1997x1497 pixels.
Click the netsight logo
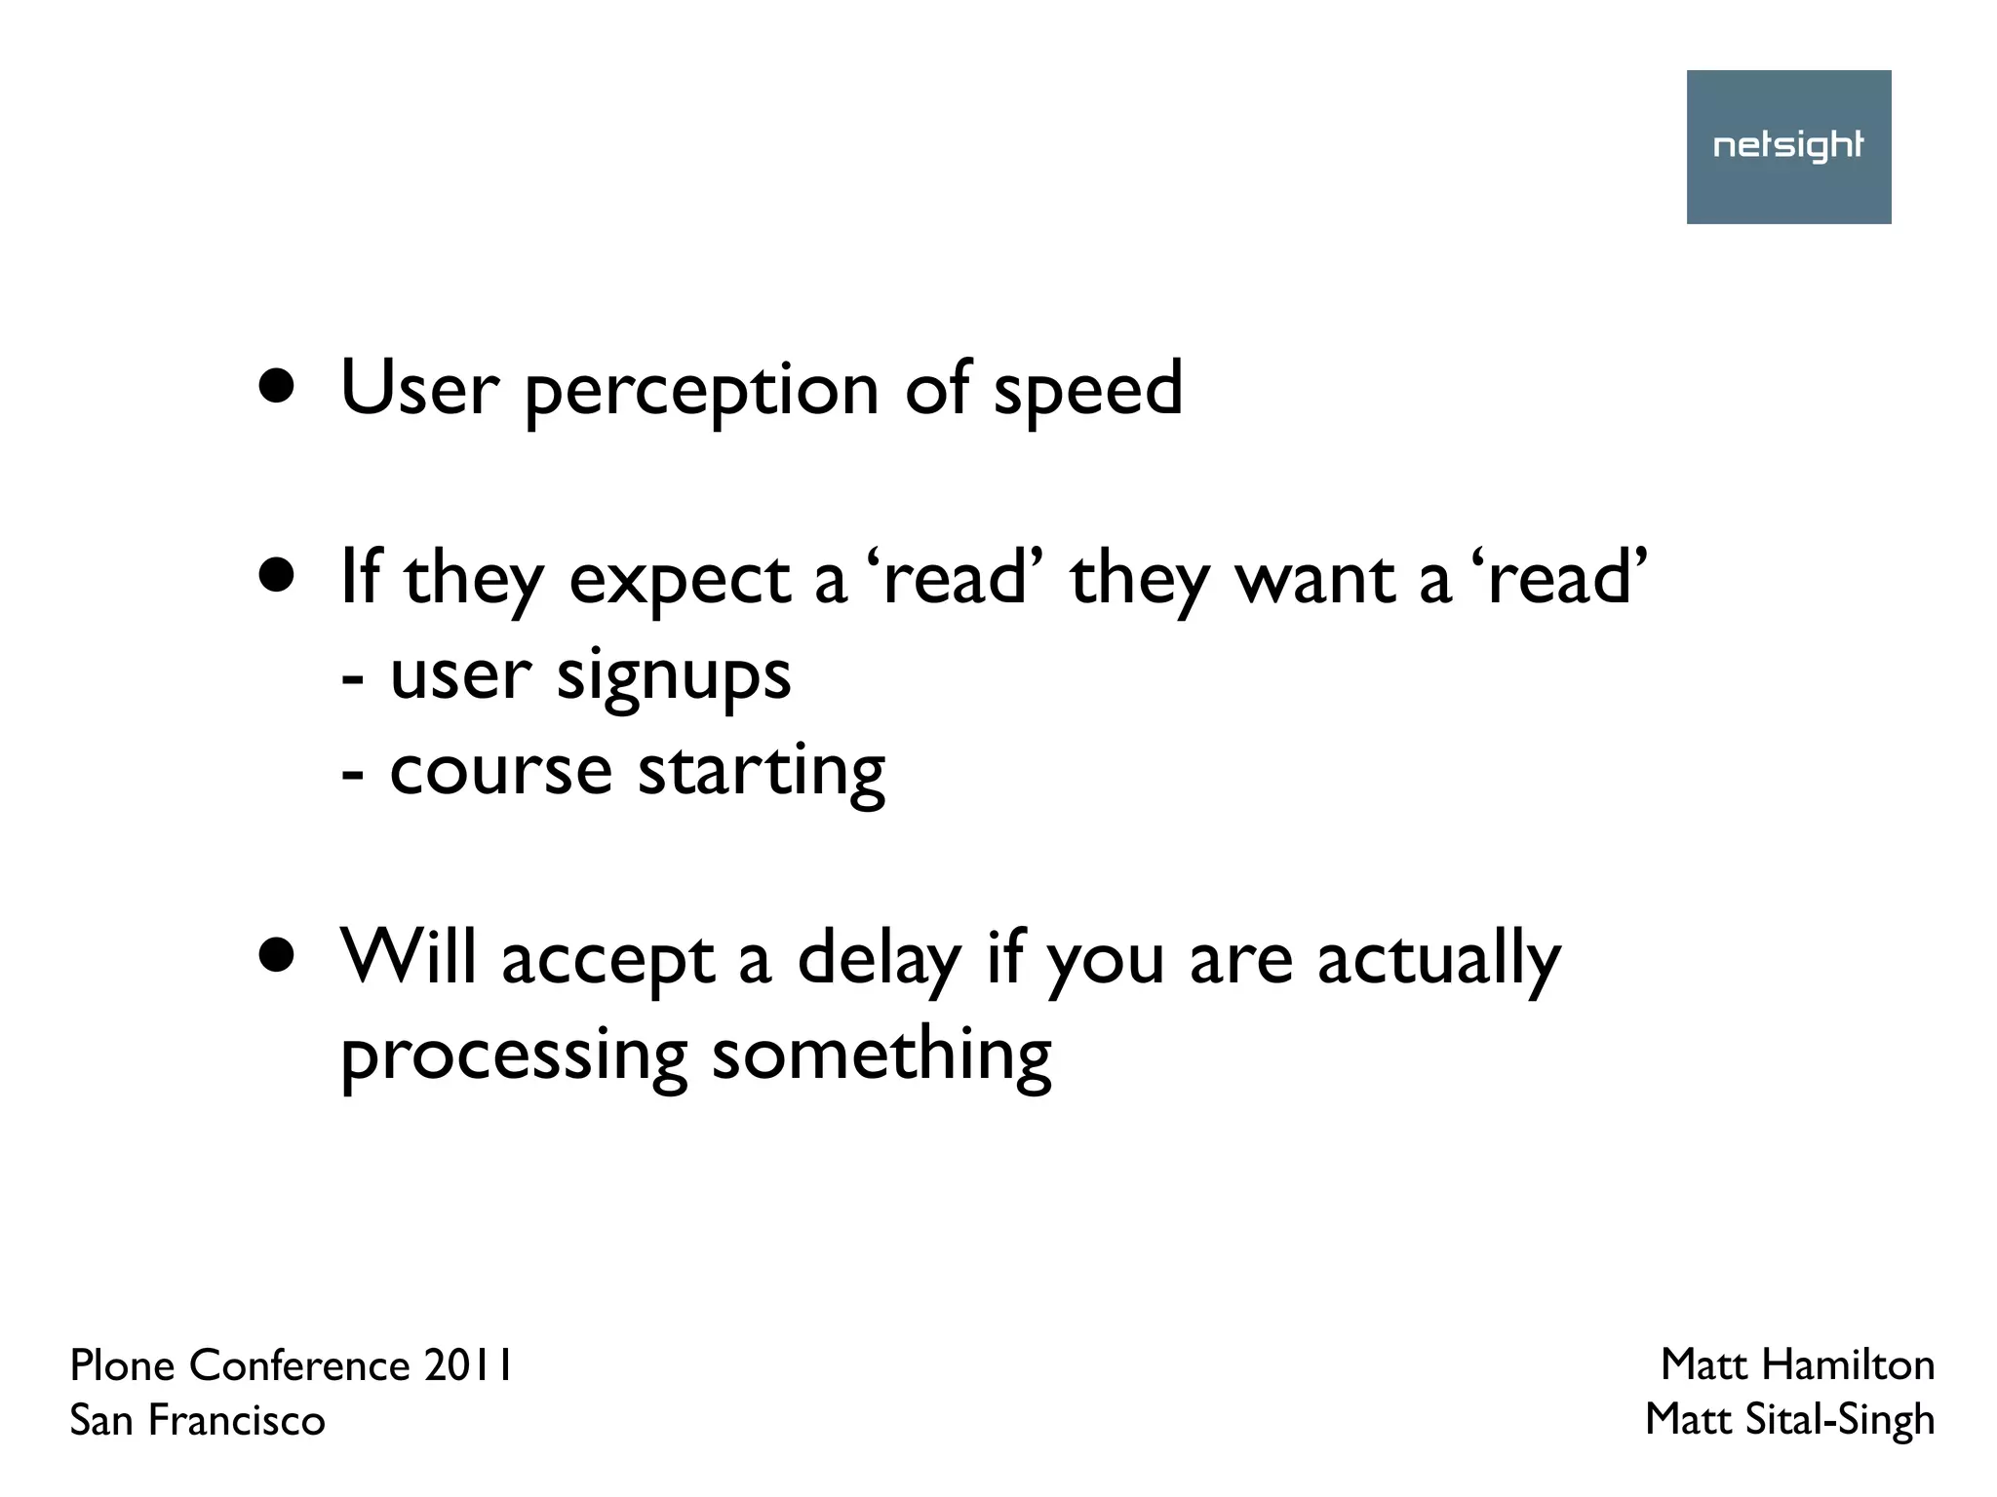click(x=1788, y=146)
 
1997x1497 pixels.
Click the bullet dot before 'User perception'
click(x=277, y=387)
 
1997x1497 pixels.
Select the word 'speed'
click(x=1087, y=390)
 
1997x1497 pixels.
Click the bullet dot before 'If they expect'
click(x=277, y=576)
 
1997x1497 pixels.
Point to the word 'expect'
click(x=680, y=580)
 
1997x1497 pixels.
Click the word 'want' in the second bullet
click(x=1314, y=580)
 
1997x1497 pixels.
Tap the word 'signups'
click(x=673, y=676)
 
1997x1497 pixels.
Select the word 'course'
click(x=500, y=771)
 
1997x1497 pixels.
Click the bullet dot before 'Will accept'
click(x=277, y=957)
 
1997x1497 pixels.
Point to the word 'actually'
click(x=1438, y=959)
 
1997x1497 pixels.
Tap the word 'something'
click(x=881, y=1055)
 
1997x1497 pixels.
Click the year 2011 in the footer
click(x=468, y=1365)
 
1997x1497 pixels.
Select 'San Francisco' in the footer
click(x=197, y=1420)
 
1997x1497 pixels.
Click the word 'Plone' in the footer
click(x=123, y=1365)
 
